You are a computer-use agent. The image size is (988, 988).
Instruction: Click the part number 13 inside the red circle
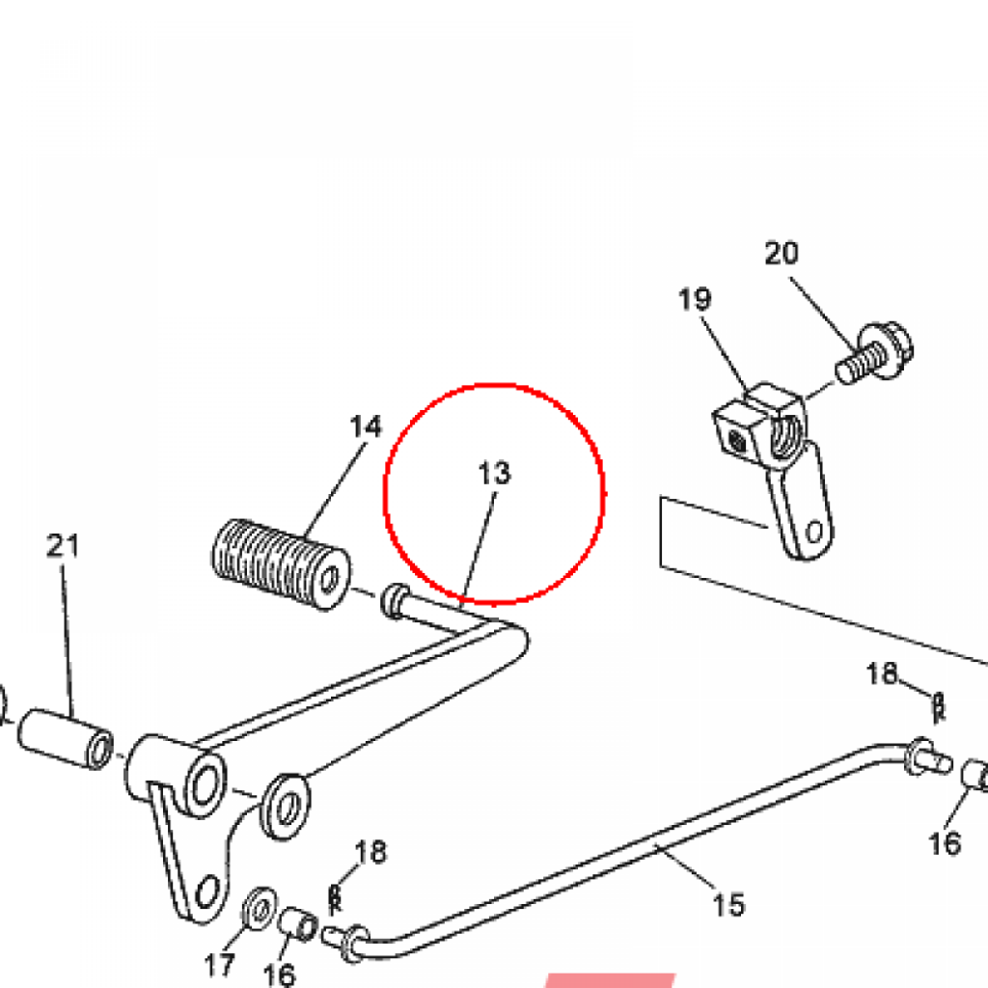[x=495, y=473]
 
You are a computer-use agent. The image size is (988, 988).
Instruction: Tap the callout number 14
[x=366, y=426]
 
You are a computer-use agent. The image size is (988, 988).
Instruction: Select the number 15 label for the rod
[x=728, y=904]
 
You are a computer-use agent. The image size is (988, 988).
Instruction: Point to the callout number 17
[x=219, y=965]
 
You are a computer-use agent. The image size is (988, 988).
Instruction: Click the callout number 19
[x=695, y=299]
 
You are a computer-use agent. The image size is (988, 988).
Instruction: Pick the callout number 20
[x=782, y=254]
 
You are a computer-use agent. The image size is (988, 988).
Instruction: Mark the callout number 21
[x=63, y=546]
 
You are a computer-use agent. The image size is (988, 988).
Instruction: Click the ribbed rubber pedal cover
[x=281, y=564]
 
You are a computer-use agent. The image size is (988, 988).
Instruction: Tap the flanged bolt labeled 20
[x=874, y=353]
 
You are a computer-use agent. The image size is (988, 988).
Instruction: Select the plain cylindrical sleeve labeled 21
[x=66, y=738]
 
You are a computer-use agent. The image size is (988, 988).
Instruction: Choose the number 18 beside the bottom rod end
[x=370, y=852]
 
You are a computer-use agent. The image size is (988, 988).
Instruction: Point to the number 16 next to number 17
[x=279, y=974]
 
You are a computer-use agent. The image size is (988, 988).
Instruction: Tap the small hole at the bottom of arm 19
[x=814, y=532]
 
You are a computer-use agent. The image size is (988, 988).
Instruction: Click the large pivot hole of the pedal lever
[x=204, y=785]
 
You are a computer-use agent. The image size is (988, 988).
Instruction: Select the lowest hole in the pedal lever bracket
[x=206, y=892]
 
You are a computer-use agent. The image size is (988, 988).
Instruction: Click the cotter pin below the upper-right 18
[x=938, y=707]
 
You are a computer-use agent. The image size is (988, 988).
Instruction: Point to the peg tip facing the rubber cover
[x=393, y=600]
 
